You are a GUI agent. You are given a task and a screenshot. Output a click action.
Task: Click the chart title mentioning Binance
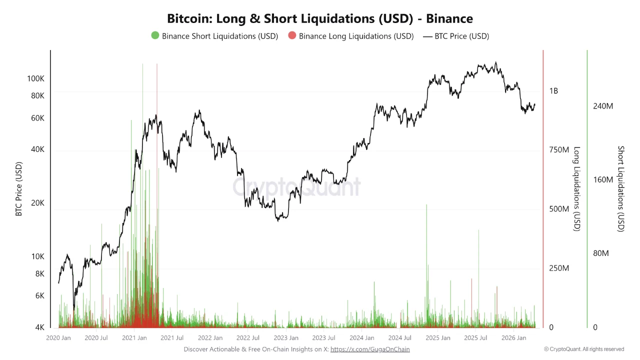pos(320,18)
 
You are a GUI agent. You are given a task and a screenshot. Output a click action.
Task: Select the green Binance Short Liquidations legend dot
pos(155,36)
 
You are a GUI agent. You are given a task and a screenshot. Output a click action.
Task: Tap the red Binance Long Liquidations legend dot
pos(292,36)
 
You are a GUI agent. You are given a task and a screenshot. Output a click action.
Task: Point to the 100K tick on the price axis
pos(36,79)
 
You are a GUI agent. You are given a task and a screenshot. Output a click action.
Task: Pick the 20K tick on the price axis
pos(38,203)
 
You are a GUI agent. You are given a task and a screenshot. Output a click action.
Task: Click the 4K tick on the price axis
pos(39,327)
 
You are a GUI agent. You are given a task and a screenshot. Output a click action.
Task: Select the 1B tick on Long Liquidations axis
pos(553,91)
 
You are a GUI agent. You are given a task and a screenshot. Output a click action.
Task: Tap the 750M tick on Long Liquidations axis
pos(559,150)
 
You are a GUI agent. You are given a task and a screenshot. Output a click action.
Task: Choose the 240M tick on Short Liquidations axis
pos(602,106)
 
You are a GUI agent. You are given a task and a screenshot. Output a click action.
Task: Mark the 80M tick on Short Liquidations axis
pos(600,253)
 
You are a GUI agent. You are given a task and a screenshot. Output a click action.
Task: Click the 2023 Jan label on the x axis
pos(286,338)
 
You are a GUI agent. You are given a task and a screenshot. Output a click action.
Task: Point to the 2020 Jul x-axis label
pos(96,338)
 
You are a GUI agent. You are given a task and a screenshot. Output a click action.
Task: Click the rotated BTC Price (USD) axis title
pos(19,189)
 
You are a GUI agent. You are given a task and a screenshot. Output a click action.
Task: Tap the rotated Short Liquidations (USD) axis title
pos(621,189)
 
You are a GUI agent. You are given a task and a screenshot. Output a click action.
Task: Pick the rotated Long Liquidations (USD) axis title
pos(576,189)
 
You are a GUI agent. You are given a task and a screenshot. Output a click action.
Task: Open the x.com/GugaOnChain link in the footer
pos(370,349)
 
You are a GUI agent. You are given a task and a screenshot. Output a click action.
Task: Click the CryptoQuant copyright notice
pos(584,349)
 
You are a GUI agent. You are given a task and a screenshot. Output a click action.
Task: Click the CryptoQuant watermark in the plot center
pos(296,187)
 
